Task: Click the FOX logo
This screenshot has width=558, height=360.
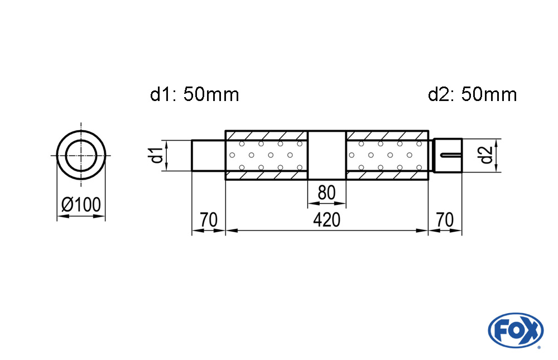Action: click(515, 329)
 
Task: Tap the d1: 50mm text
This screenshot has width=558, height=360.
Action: click(194, 95)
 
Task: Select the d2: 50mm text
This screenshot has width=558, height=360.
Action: click(472, 95)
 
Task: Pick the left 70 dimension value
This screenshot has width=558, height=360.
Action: click(208, 220)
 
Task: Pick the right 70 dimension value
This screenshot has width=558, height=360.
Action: click(445, 220)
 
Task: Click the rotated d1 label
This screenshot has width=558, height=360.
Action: click(157, 155)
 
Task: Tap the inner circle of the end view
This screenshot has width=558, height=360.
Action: click(81, 155)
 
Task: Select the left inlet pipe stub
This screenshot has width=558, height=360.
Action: click(208, 155)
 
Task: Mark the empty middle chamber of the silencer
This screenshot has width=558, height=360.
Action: click(327, 155)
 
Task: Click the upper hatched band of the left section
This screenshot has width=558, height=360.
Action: click(267, 135)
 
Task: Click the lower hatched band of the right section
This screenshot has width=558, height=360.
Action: click(387, 175)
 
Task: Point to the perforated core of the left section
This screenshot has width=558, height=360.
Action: click(267, 155)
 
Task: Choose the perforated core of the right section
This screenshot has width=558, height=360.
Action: click(387, 155)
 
